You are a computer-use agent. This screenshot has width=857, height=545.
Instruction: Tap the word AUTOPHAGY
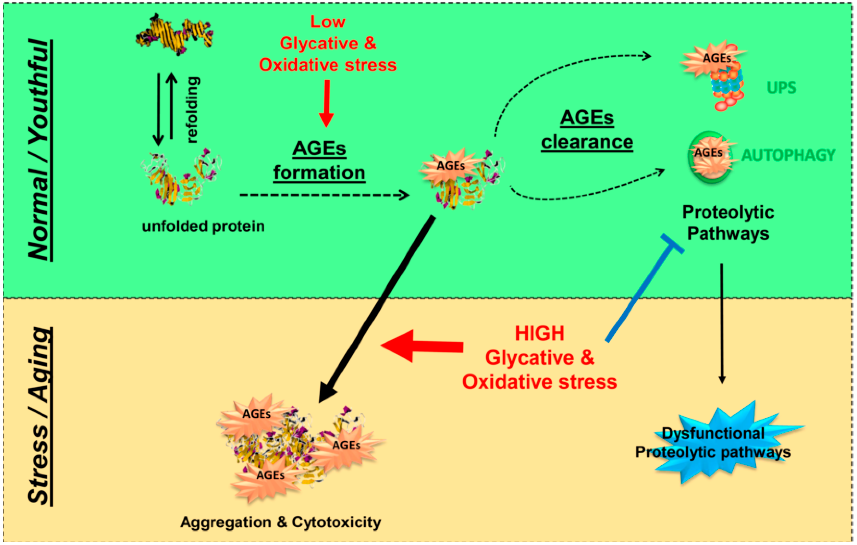point(788,155)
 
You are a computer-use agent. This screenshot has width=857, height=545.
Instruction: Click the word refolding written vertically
point(193,110)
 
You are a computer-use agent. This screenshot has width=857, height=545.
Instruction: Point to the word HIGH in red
point(539,334)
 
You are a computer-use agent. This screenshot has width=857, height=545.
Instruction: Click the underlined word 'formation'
point(319,173)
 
